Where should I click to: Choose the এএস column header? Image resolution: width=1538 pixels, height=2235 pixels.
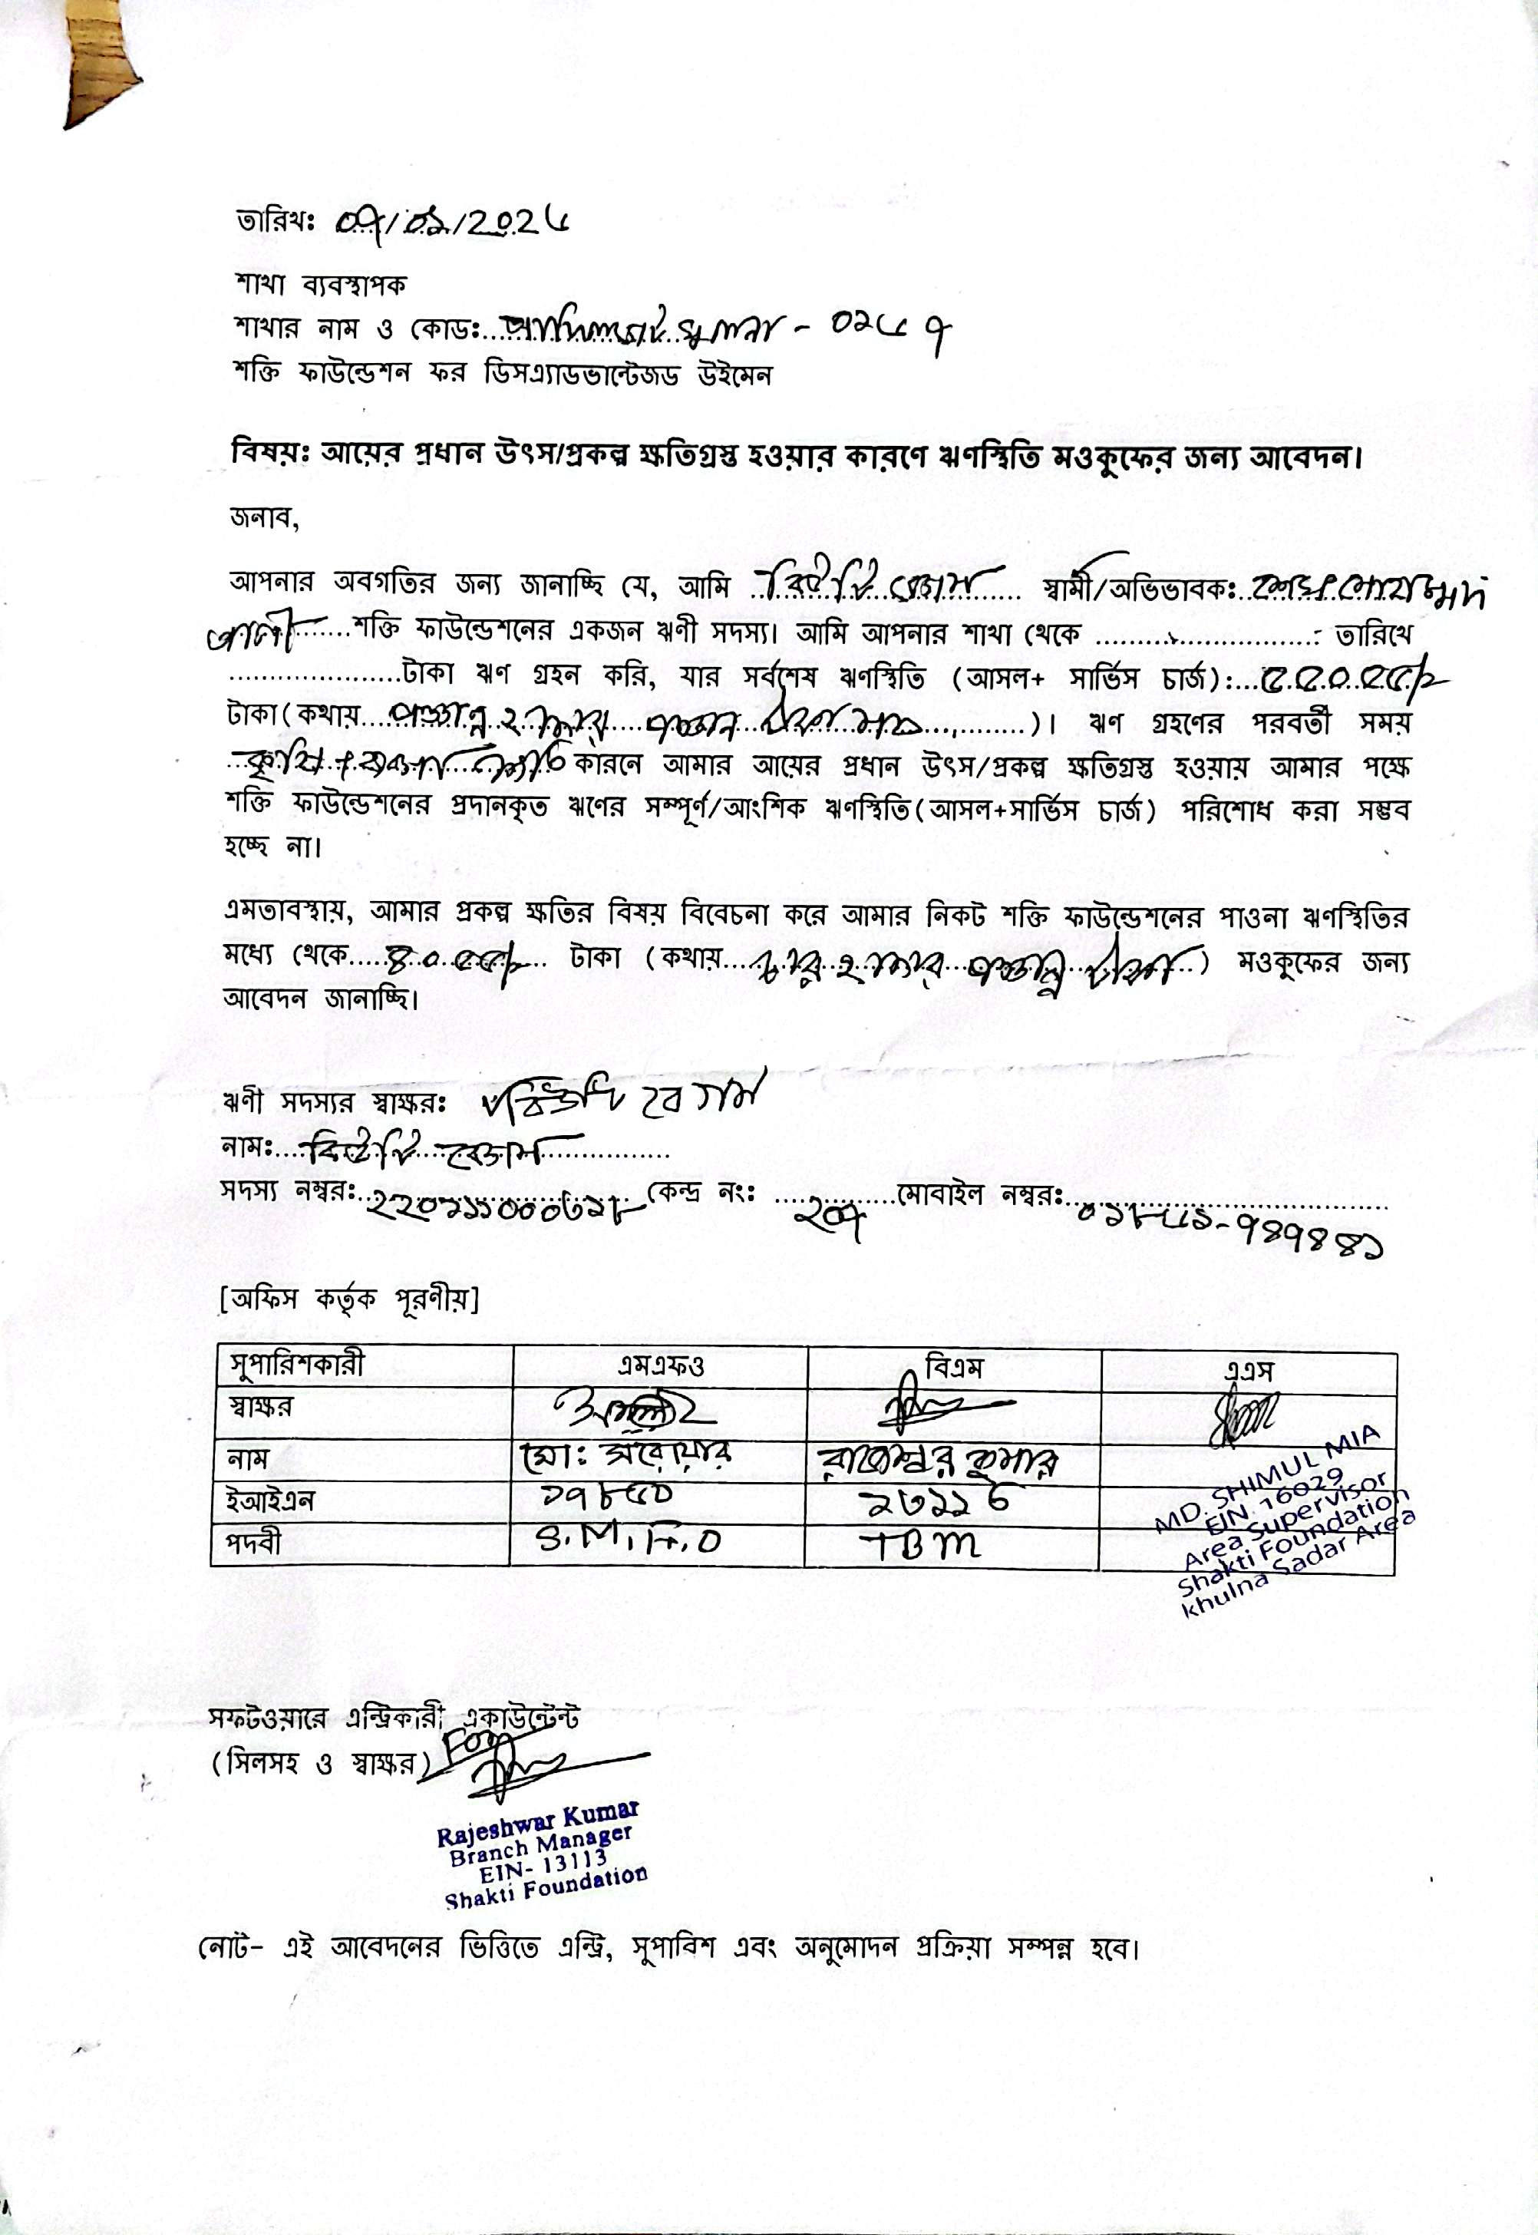[1249, 1368]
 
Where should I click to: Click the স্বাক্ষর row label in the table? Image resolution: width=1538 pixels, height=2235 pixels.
[259, 1407]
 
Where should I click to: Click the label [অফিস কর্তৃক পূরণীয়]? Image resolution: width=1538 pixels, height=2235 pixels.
[349, 1300]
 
